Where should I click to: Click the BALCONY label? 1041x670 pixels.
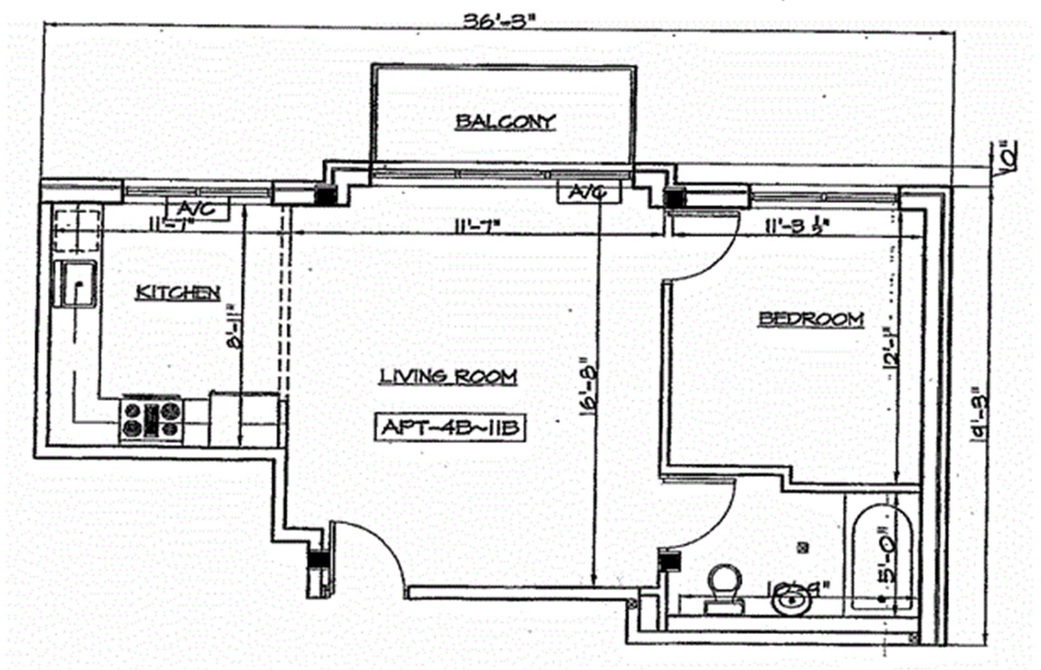(x=505, y=121)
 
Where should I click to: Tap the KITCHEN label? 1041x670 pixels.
(x=178, y=293)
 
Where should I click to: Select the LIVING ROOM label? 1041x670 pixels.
(x=448, y=376)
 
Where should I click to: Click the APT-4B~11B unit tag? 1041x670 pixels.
(x=450, y=428)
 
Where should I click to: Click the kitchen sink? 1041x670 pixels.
(x=76, y=284)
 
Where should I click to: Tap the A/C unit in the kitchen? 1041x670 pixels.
(x=198, y=209)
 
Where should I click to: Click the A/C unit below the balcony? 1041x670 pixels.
(x=588, y=192)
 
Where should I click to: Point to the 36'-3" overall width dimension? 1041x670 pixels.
(x=499, y=22)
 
